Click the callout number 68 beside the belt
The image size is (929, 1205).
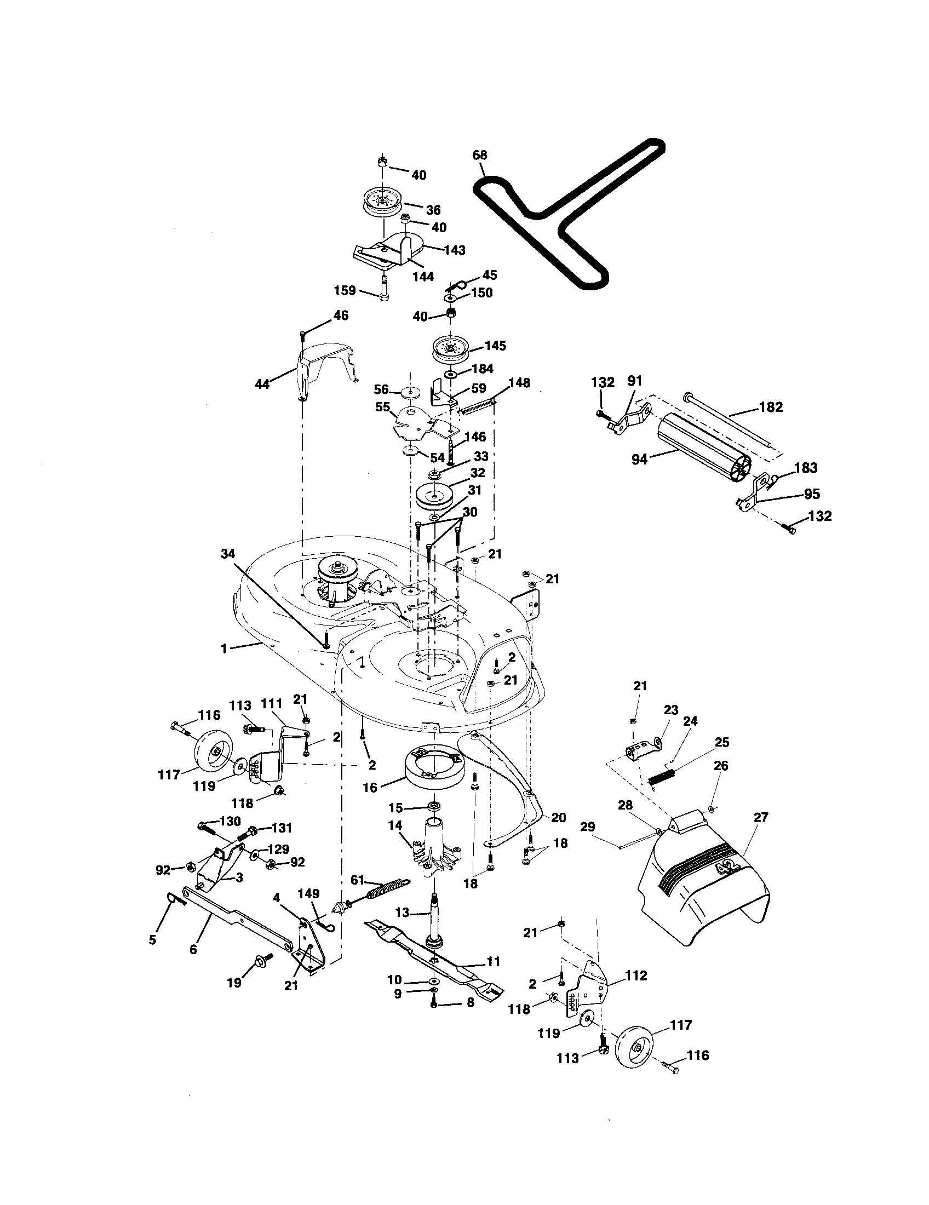[x=480, y=155]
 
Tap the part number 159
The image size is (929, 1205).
[x=345, y=290]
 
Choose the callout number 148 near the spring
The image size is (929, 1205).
[x=519, y=382]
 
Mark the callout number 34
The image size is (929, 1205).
[x=228, y=553]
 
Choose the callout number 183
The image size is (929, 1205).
[x=806, y=468]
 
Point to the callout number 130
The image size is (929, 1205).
[x=230, y=821]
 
